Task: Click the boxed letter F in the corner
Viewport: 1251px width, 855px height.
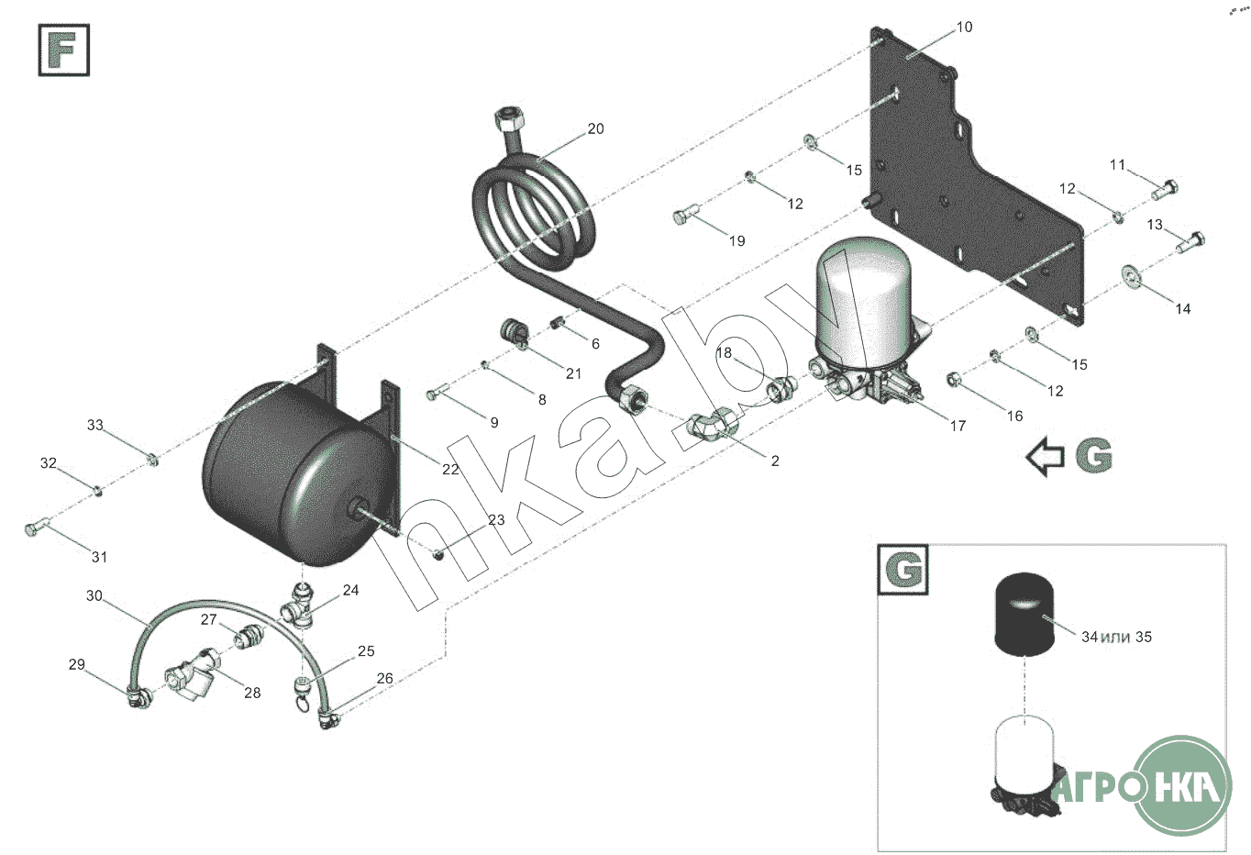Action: pyautogui.click(x=63, y=50)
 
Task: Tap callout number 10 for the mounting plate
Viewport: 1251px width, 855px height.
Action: pyautogui.click(x=965, y=27)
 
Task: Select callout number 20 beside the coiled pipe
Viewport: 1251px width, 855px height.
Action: pyautogui.click(x=595, y=128)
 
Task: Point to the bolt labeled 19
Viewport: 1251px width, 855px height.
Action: pyautogui.click(x=686, y=214)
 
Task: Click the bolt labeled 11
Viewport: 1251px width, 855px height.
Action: pyautogui.click(x=1165, y=189)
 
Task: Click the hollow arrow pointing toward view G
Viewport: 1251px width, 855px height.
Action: pyautogui.click(x=1045, y=457)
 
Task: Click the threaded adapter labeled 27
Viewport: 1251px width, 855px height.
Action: pyautogui.click(x=249, y=636)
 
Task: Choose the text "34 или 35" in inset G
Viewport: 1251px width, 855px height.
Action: pyautogui.click(x=1116, y=637)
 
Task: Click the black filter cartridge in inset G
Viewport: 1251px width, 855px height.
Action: pyautogui.click(x=1024, y=614)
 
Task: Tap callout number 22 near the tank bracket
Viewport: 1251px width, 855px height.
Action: pyautogui.click(x=450, y=469)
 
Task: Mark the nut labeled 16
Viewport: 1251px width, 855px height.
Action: pyautogui.click(x=954, y=380)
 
